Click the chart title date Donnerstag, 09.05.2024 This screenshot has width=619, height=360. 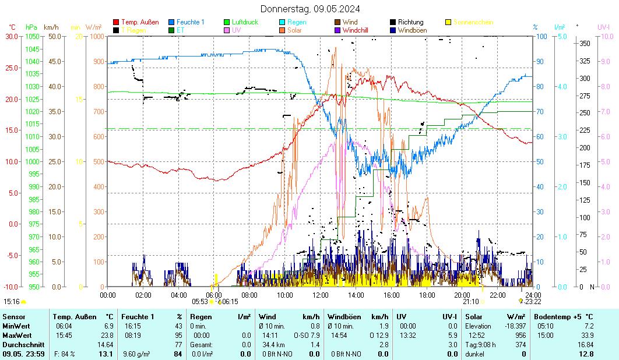309,9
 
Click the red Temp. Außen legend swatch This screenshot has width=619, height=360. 116,22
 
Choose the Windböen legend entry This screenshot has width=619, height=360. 412,30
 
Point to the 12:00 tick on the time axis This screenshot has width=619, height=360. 321,295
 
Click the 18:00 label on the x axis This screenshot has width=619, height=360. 427,295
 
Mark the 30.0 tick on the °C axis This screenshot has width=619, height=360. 12,36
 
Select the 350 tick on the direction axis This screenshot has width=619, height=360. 585,43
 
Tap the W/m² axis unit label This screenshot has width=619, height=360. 93,27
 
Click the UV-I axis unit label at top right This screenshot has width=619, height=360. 603,27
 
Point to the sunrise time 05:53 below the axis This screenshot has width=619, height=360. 200,302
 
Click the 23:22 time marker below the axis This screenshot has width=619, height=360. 532,302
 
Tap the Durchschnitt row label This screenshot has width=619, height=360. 22,345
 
